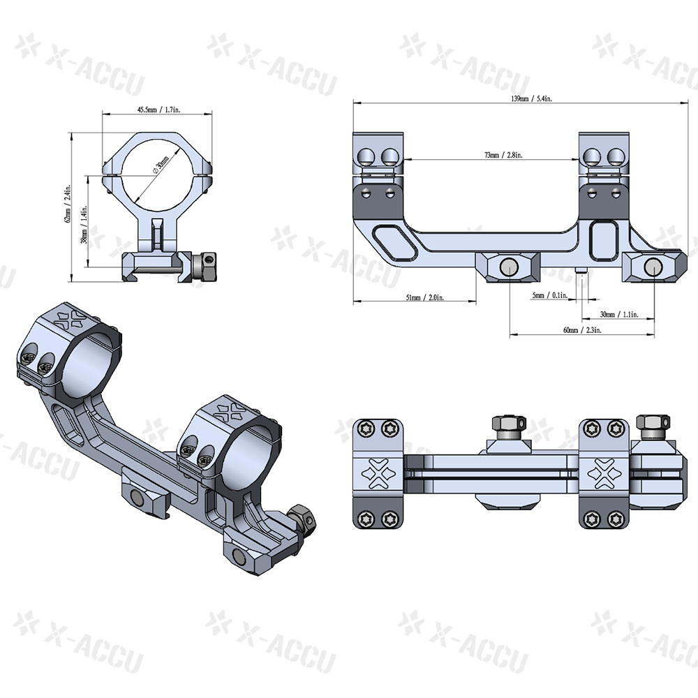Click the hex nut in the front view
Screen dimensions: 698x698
(x=207, y=265)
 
